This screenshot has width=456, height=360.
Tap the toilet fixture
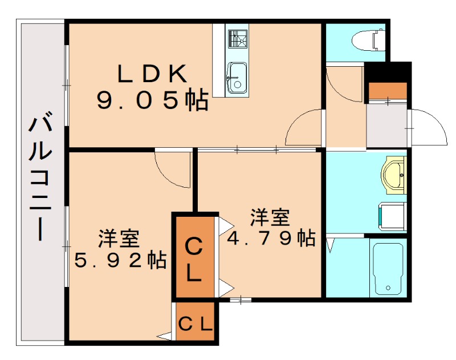pyautogui.click(x=368, y=40)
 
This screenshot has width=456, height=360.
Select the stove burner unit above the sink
pyautogui.click(x=235, y=39)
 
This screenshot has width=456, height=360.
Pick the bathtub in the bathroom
pyautogui.click(x=388, y=268)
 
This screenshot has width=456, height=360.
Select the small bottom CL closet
pyautogui.click(x=196, y=324)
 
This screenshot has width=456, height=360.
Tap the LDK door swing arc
pyautogui.click(x=304, y=129)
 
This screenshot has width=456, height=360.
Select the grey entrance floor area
pyautogui.click(x=386, y=126)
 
